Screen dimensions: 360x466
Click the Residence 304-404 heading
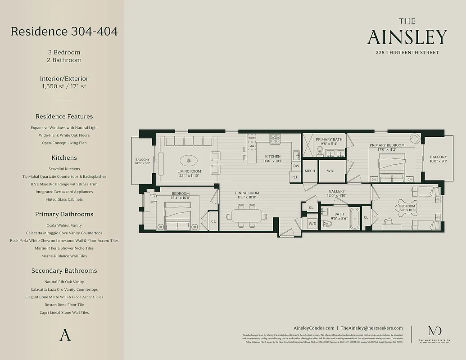coord(64,31)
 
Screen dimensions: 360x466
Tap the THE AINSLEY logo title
coord(407,33)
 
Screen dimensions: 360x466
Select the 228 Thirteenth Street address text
coord(407,53)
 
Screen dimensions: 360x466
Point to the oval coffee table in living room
coord(189,161)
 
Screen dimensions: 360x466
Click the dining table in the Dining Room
coord(246,216)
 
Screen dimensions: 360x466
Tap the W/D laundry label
coord(312,223)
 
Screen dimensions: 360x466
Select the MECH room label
coord(310,171)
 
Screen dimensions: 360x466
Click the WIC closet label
coord(330,171)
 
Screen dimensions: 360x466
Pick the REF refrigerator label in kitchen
coord(294,177)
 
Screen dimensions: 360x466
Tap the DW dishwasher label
coord(296,166)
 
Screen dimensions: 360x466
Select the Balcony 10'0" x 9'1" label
coord(438,159)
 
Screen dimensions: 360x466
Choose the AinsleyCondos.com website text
coord(313,328)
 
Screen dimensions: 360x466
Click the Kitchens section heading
coord(64,158)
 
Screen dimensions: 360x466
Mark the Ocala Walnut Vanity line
coord(64,225)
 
